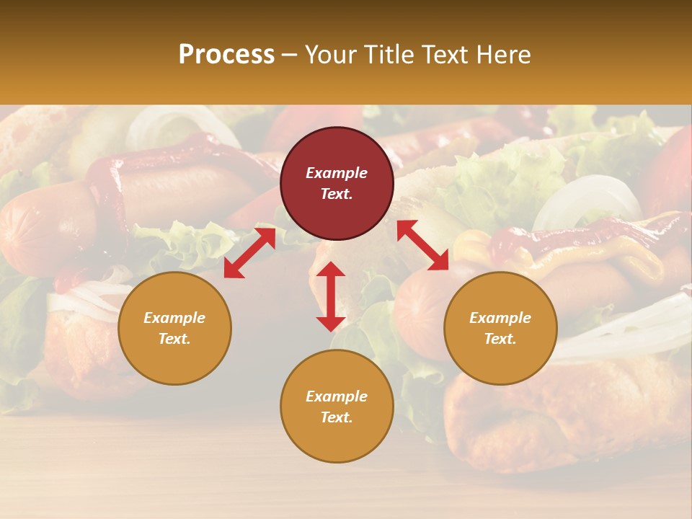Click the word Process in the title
point(226,55)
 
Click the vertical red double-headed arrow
point(331,296)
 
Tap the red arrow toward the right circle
point(423,245)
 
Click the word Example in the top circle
point(337,173)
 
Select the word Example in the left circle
point(174,318)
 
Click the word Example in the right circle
point(500,318)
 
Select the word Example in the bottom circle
point(337,396)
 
